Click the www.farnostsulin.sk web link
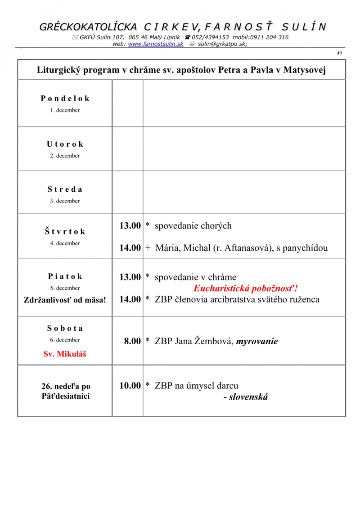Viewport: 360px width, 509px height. tap(155, 44)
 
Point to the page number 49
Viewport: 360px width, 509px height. tap(339, 53)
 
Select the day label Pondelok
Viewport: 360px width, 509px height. tap(65, 99)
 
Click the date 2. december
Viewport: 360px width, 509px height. tap(65, 156)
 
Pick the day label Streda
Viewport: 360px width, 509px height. tap(65, 189)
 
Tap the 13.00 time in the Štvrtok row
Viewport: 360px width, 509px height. tap(130, 226)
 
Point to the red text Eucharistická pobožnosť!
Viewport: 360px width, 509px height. tap(246, 288)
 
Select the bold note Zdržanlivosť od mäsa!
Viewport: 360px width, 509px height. tap(65, 299)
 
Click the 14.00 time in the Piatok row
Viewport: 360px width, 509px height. tap(130, 299)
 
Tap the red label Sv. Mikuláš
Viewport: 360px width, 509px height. tap(65, 354)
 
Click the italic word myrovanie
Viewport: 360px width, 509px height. tap(257, 342)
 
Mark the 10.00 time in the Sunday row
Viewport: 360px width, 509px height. tap(130, 386)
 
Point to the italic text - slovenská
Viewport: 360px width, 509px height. tap(245, 397)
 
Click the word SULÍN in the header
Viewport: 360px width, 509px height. tap(299, 27)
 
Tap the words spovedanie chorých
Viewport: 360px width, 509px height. tap(193, 226)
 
